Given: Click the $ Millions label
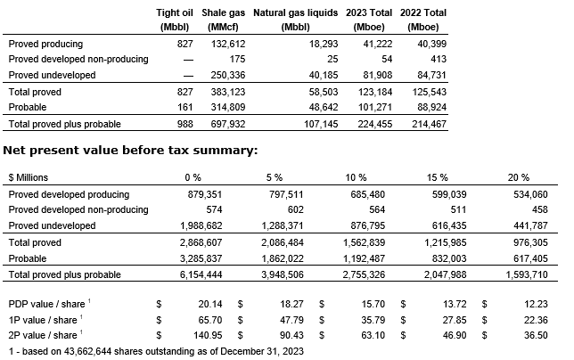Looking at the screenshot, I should (32, 177).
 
